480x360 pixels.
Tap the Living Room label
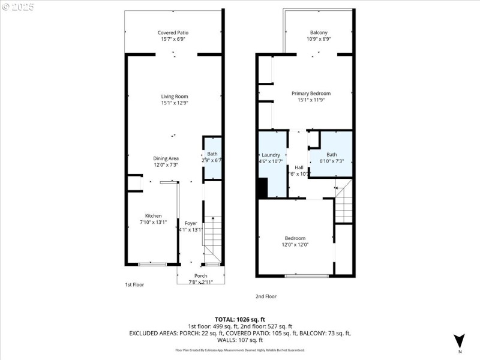175,96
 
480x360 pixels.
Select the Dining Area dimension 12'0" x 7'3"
166,165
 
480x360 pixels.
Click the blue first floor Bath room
212,157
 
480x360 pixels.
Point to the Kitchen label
153,215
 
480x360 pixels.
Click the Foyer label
191,223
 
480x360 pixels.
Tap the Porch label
200,275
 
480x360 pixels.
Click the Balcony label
319,32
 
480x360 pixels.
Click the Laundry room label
271,154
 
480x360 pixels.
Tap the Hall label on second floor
299,167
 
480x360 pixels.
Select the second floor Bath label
332,154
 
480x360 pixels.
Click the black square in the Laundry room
263,187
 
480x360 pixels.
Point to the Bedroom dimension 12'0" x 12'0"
295,244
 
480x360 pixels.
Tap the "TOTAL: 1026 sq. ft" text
239,319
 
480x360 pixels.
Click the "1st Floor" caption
134,284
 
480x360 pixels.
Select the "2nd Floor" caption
266,296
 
